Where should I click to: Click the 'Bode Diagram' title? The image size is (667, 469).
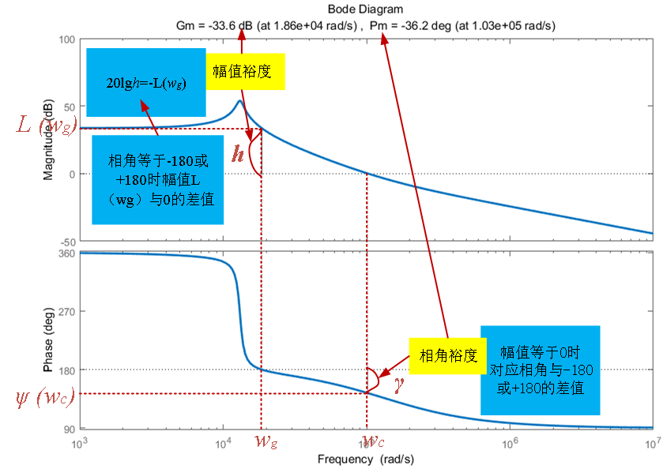[365, 9]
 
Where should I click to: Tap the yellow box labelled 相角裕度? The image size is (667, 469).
[447, 355]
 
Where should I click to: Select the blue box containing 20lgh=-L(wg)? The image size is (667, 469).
[146, 83]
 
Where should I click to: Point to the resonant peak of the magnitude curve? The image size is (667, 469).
[240, 101]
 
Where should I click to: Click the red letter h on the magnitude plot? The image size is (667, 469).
[237, 155]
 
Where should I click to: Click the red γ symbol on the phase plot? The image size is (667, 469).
[399, 382]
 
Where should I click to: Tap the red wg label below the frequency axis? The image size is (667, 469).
[266, 442]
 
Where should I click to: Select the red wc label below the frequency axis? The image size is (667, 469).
[373, 442]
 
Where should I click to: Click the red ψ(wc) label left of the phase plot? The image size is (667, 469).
[44, 398]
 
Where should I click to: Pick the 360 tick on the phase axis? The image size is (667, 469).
[65, 253]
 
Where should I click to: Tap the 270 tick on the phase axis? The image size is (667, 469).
[65, 312]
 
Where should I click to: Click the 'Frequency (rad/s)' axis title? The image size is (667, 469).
[365, 459]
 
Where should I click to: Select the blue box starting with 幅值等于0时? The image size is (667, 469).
[541, 370]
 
